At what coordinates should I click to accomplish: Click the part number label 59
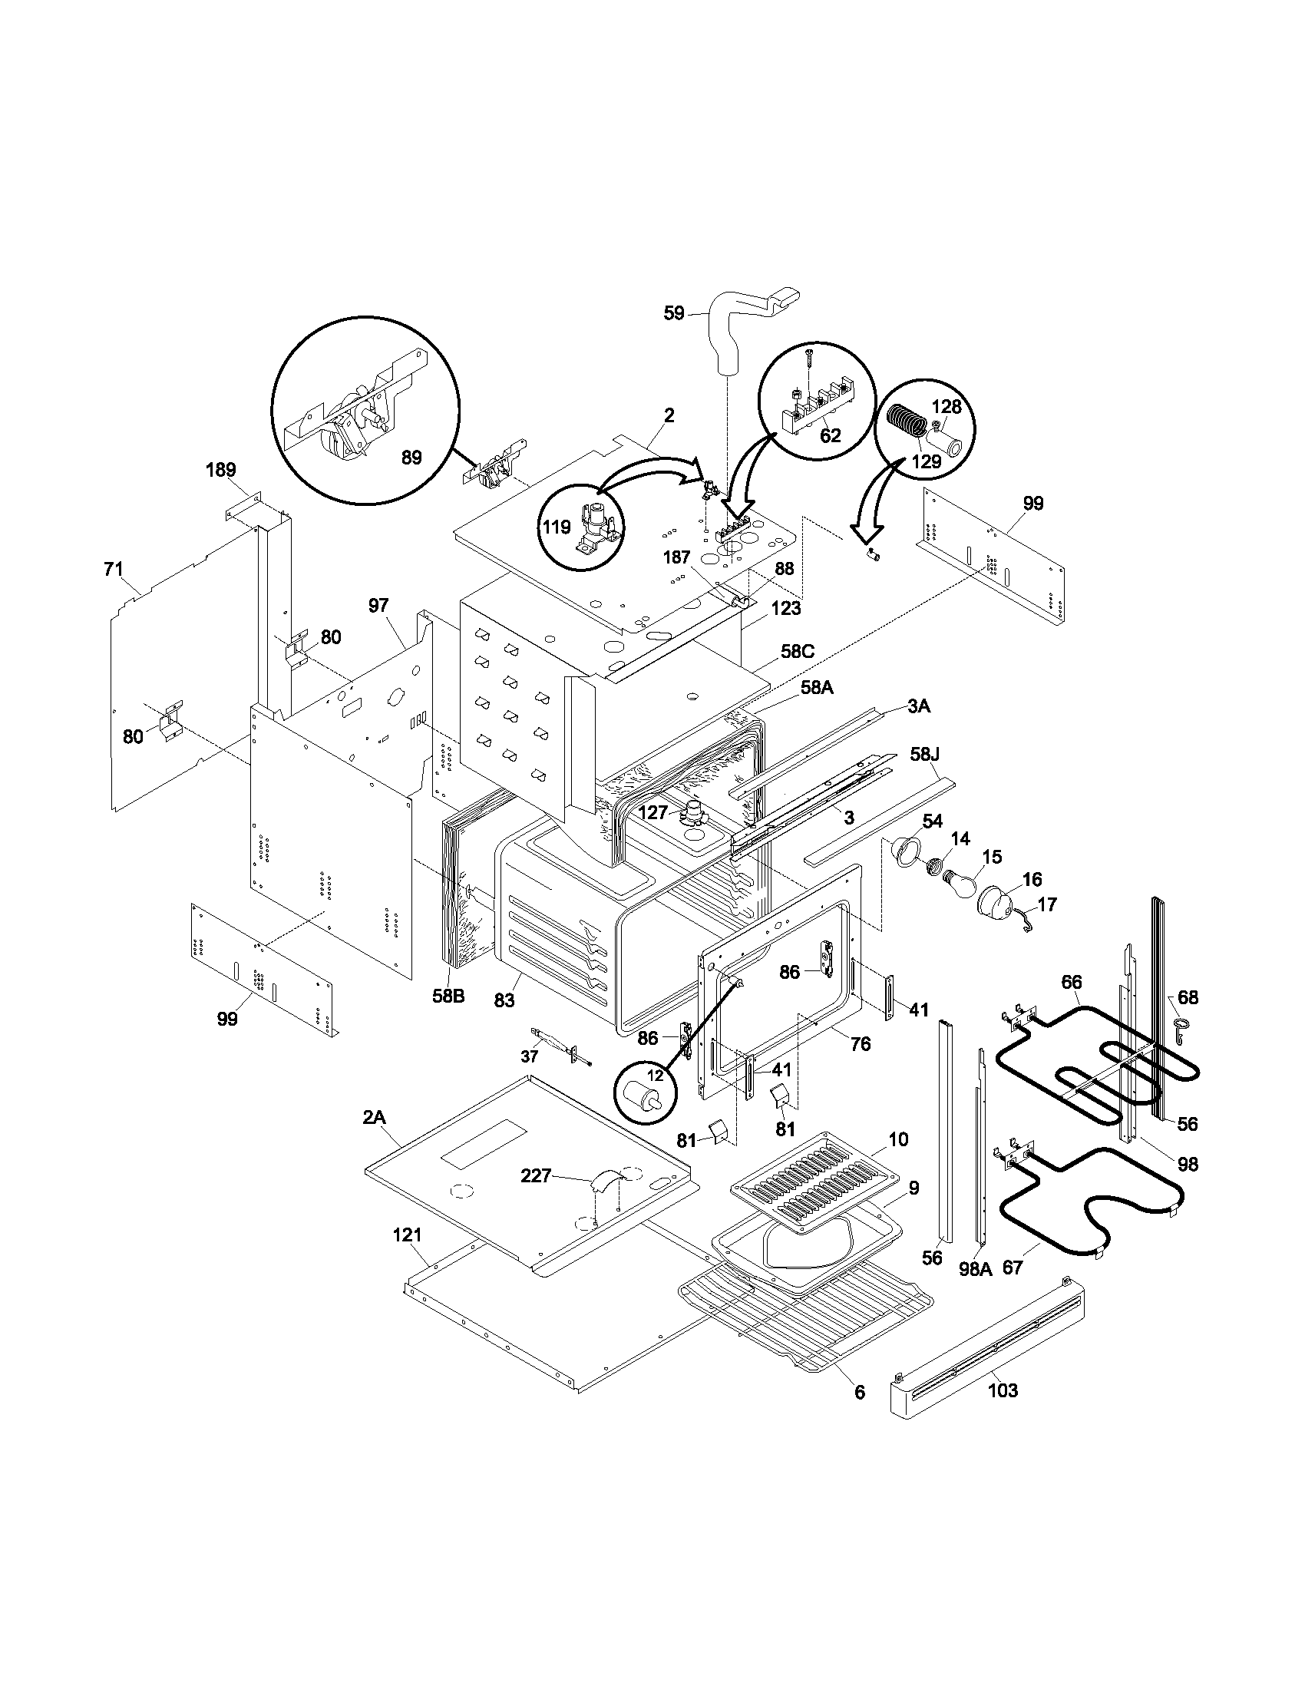coord(674,313)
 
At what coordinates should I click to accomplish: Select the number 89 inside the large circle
coord(411,457)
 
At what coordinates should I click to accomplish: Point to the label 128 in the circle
coord(945,407)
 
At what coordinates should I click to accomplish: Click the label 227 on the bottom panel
coord(536,1176)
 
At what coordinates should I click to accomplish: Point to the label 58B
coord(448,996)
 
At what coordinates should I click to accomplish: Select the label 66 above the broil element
coord(1071,982)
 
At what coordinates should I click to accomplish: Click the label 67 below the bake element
coord(1013,1267)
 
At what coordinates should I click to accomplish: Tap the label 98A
coord(975,1268)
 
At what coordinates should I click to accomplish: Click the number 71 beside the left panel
coord(113,570)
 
